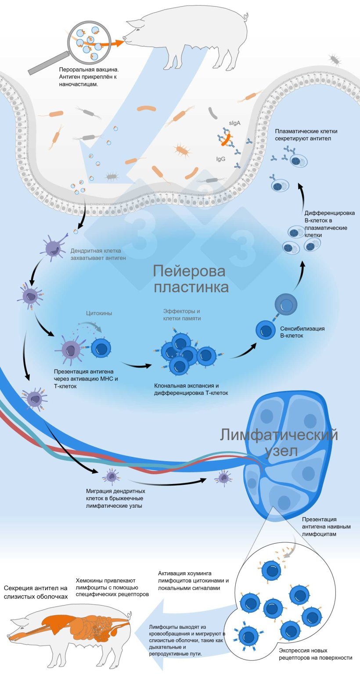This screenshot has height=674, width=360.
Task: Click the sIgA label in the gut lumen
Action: tap(235, 123)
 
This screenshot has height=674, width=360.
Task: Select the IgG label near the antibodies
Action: tap(221, 159)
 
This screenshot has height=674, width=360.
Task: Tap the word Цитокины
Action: tap(99, 313)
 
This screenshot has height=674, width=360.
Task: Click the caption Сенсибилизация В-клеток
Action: tap(302, 332)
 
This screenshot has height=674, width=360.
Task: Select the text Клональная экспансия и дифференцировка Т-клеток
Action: tap(191, 389)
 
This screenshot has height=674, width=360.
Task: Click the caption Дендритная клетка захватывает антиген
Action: tap(98, 254)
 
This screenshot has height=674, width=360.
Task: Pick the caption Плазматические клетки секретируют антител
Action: tap(306, 135)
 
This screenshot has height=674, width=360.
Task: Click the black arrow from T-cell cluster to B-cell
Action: tap(244, 351)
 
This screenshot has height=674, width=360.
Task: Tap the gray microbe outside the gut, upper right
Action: tap(335, 60)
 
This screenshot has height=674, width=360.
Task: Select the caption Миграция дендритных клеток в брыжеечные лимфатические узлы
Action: tap(115, 498)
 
